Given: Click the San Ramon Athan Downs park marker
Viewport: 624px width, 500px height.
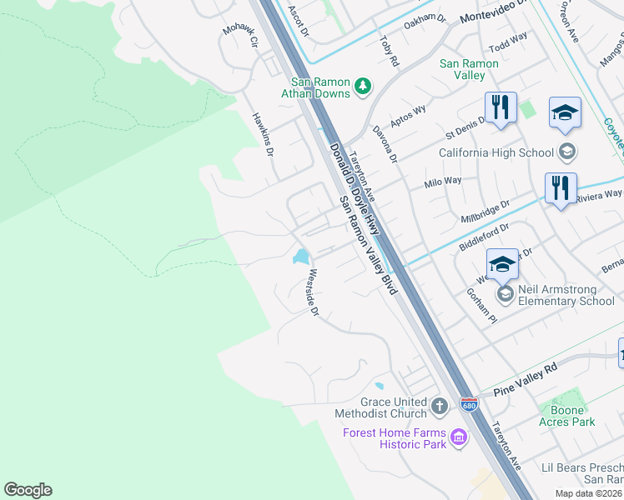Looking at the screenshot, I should tap(363, 86).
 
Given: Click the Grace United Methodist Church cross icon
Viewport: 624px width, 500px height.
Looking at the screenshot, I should tap(440, 407).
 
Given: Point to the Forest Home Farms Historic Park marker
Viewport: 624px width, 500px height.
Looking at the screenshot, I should tap(458, 437).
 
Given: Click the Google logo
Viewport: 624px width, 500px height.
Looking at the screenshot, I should tap(28, 490).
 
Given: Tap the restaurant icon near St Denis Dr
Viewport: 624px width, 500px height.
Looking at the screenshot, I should tap(500, 107).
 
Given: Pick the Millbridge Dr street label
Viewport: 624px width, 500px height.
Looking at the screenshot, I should tap(485, 212).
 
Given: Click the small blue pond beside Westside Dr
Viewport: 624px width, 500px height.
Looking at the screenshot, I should tap(299, 257).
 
